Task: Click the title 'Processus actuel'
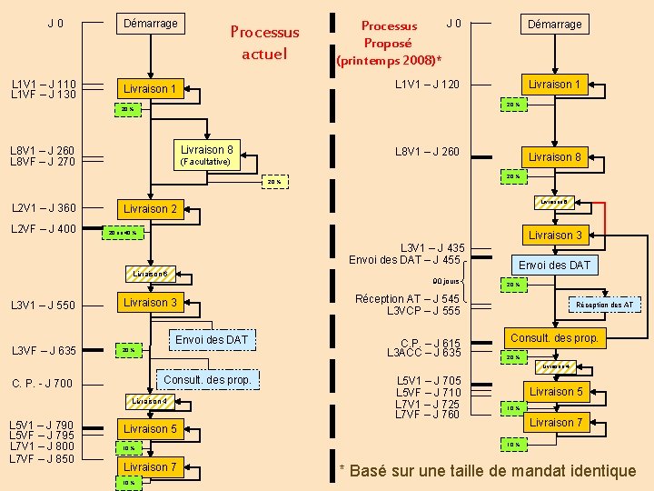coord(264,43)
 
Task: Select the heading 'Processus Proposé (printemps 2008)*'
coord(389,43)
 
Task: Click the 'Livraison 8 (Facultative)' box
coord(206,155)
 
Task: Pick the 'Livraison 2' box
coord(150,208)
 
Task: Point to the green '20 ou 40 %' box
coord(121,232)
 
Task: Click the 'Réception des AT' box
coord(604,305)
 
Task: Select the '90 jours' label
coord(446,281)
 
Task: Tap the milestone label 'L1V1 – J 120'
coord(426,85)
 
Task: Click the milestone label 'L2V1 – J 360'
coord(44,207)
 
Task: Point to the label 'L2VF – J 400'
coord(44,228)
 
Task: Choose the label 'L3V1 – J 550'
coord(44,305)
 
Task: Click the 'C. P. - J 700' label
coord(43,383)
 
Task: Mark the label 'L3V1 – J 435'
coord(432,248)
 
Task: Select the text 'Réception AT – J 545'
coord(408,298)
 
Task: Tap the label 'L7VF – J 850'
coord(43,458)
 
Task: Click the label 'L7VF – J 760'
coord(429,415)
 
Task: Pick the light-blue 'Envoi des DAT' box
coord(554,265)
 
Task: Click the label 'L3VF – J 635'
coord(44,350)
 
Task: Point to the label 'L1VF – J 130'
coord(44,95)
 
